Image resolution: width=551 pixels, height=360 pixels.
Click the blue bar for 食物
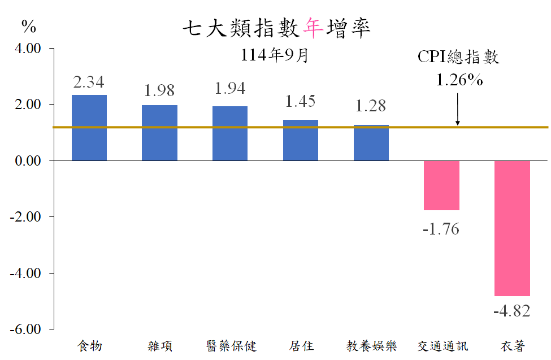tap(89, 128)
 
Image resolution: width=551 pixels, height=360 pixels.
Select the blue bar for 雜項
tap(159, 133)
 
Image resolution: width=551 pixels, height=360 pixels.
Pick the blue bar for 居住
tap(301, 140)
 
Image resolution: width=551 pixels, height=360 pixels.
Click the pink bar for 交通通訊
tap(441, 185)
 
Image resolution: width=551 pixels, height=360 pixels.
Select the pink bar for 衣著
tap(512, 228)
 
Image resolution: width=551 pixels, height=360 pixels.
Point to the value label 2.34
tap(89, 83)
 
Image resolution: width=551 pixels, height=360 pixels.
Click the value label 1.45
tap(301, 102)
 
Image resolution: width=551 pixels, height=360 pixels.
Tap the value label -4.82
tap(512, 311)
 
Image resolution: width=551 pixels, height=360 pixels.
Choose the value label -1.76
tap(441, 229)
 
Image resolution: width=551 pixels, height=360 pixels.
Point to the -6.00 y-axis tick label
tap(26, 329)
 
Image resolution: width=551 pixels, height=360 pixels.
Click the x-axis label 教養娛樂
tap(371, 346)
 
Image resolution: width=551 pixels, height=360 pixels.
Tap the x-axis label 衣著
tap(513, 346)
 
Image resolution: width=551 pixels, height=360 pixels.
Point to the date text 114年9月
tap(275, 56)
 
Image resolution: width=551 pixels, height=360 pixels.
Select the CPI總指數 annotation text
tap(458, 57)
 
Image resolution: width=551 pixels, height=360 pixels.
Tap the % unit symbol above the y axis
tap(28, 27)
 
